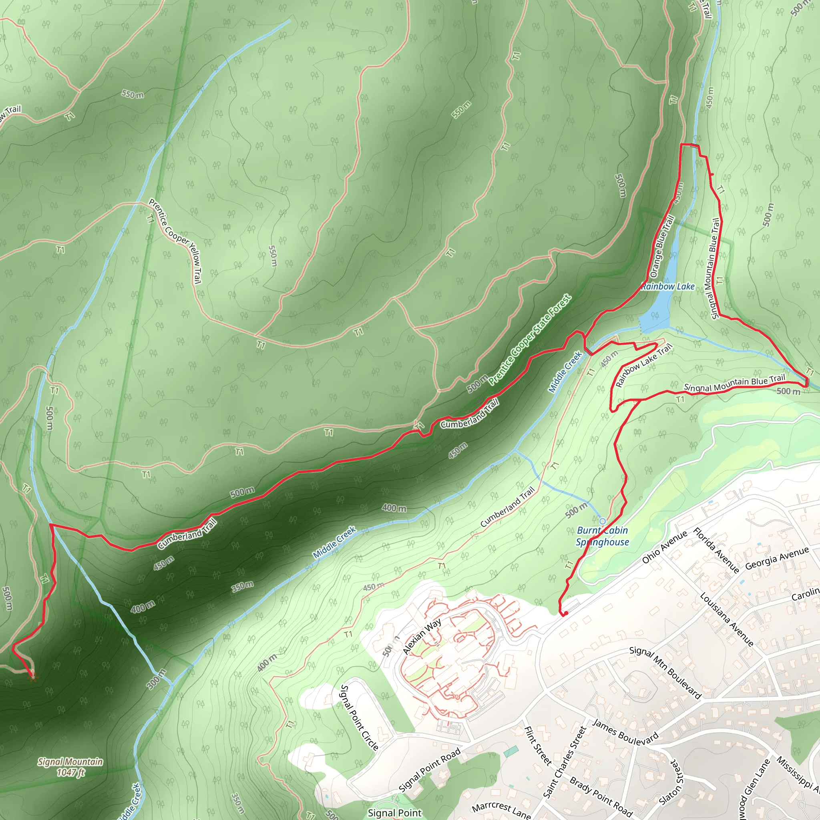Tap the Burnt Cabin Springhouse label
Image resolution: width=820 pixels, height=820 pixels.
[602, 536]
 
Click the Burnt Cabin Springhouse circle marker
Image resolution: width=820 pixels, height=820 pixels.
[602, 521]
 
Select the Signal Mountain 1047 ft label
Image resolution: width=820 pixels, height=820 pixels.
[70, 767]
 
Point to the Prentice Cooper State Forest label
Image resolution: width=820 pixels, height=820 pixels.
[530, 340]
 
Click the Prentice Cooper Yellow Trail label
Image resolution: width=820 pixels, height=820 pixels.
[175, 241]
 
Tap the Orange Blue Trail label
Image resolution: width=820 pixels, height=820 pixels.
[662, 246]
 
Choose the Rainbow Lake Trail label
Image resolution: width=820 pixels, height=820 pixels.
[644, 366]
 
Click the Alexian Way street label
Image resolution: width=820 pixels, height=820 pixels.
[422, 636]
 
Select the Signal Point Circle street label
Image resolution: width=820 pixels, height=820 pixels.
[360, 717]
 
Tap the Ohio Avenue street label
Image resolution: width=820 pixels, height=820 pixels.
[664, 547]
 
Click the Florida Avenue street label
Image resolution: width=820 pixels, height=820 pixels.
[716, 551]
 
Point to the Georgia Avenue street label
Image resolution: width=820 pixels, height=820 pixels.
[777, 559]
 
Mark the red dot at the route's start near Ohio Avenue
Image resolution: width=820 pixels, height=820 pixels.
[566, 613]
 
